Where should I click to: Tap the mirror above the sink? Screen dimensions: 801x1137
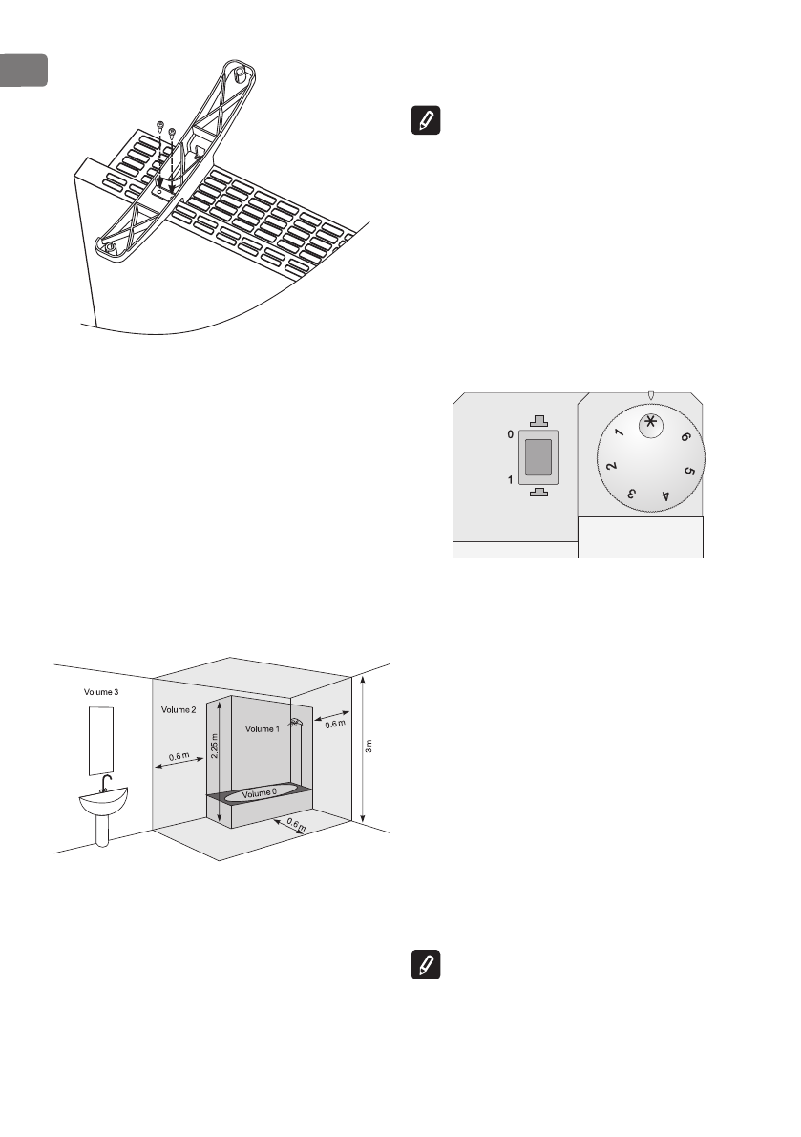pyautogui.click(x=102, y=740)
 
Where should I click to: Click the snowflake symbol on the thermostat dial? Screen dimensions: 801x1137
pyautogui.click(x=649, y=426)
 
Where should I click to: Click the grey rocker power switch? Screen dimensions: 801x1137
pyautogui.click(x=539, y=457)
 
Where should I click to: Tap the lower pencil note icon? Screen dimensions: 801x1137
pyautogui.click(x=421, y=963)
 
